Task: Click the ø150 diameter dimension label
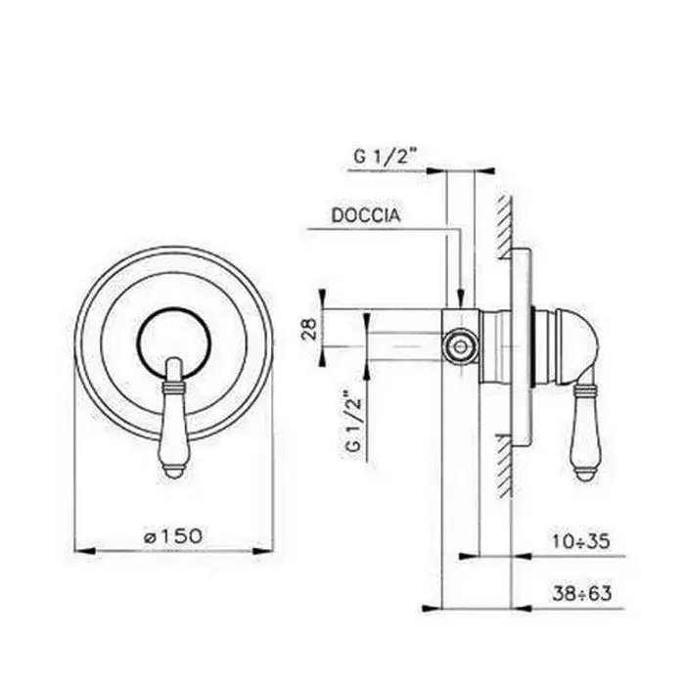[x=173, y=536]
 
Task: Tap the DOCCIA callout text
[x=366, y=215]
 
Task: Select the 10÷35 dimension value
[x=580, y=542]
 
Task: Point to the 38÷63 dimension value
[x=581, y=594]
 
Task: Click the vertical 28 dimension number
[x=309, y=329]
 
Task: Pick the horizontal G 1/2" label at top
[x=384, y=156]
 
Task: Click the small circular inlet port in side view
[x=460, y=346]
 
